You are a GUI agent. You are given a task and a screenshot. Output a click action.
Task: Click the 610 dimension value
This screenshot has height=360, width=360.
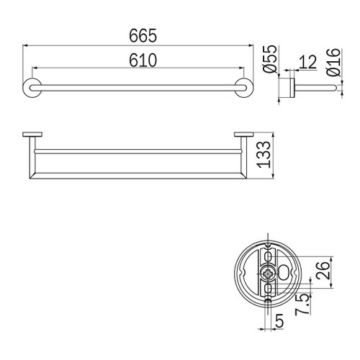click(138, 61)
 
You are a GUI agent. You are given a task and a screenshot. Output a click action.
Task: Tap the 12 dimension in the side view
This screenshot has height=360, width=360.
click(307, 63)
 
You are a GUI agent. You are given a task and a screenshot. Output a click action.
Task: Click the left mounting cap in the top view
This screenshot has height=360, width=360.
click(32, 134)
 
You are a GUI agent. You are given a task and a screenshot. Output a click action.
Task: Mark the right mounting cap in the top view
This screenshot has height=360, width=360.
click(243, 134)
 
